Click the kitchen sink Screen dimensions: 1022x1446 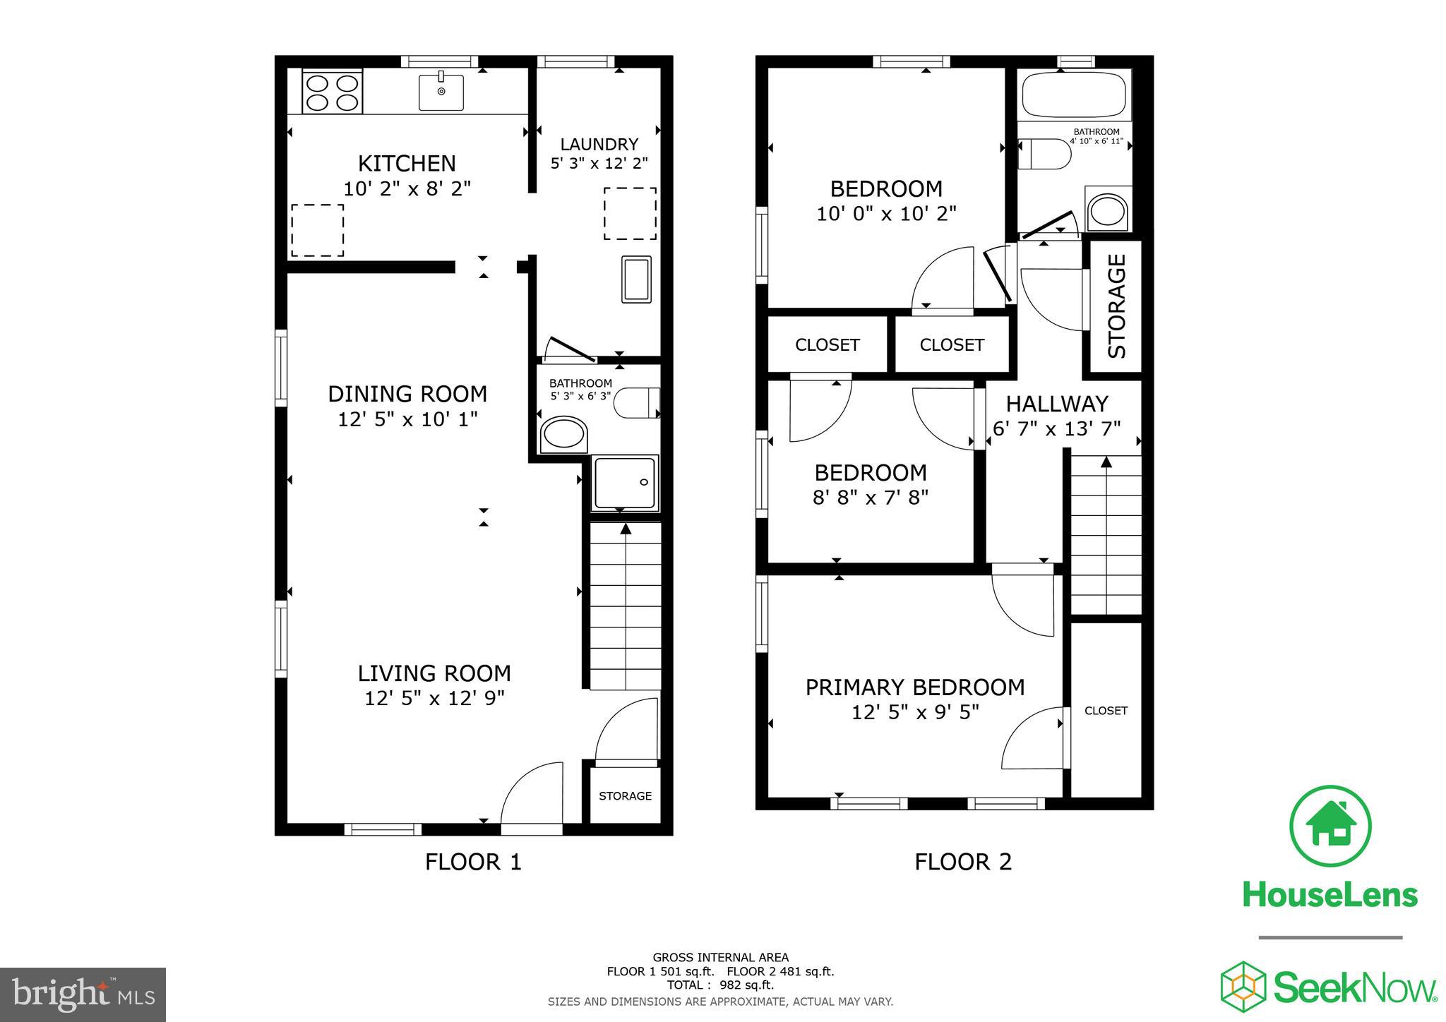[x=441, y=92]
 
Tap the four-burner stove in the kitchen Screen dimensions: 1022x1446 [x=332, y=92]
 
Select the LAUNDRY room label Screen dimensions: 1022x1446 [x=599, y=145]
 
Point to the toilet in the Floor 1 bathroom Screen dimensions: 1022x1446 [x=635, y=402]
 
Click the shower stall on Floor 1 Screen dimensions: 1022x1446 [x=626, y=483]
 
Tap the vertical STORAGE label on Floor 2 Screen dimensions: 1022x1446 [x=1117, y=306]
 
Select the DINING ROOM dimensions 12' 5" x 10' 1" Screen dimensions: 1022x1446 [x=407, y=419]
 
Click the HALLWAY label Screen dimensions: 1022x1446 [x=1056, y=404]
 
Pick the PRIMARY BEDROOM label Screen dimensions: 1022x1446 [x=914, y=687]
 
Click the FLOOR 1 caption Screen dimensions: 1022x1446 [x=472, y=862]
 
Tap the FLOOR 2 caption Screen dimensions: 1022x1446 [x=962, y=862]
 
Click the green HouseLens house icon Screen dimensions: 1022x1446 [x=1330, y=826]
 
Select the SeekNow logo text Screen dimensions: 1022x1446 [x=1354, y=987]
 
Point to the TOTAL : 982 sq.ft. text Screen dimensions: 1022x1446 [x=719, y=985]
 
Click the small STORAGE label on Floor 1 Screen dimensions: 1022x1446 [x=625, y=796]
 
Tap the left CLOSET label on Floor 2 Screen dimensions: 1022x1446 [x=827, y=345]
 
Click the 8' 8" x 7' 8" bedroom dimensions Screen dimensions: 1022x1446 [x=870, y=498]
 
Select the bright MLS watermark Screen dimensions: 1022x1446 [x=83, y=994]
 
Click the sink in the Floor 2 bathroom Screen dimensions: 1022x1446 [x=1107, y=210]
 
